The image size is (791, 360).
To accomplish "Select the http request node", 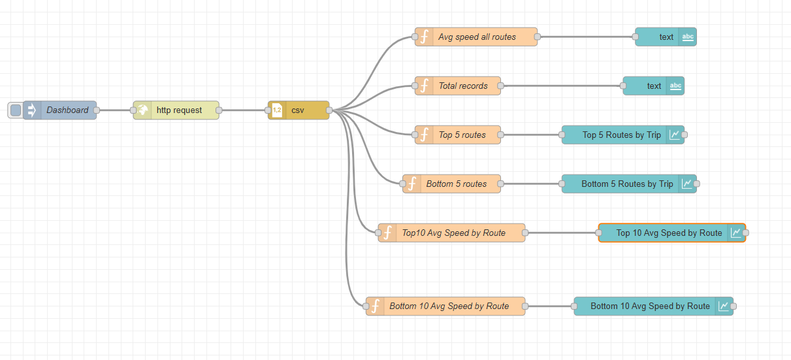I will click(x=178, y=110).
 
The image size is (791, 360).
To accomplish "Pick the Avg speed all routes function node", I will click(x=476, y=37).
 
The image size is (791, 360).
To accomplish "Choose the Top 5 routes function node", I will click(x=462, y=135).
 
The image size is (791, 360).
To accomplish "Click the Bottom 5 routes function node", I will click(x=456, y=184).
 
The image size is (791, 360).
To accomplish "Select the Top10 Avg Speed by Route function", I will click(x=453, y=233).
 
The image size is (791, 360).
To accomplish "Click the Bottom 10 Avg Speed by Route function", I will click(x=449, y=306).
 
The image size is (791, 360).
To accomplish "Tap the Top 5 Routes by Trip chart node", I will click(x=621, y=135).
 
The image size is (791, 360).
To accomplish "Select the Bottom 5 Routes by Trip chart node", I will click(x=626, y=184).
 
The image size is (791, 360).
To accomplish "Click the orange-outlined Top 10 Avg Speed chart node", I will click(x=669, y=233).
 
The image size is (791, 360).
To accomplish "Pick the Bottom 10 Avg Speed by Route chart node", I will click(x=650, y=306).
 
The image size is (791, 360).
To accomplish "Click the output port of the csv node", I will click(x=329, y=110).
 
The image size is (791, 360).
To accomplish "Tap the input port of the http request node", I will click(x=133, y=110).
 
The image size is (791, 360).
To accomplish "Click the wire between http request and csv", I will click(x=243, y=110).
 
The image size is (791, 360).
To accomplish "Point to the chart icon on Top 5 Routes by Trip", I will click(x=674, y=135).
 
